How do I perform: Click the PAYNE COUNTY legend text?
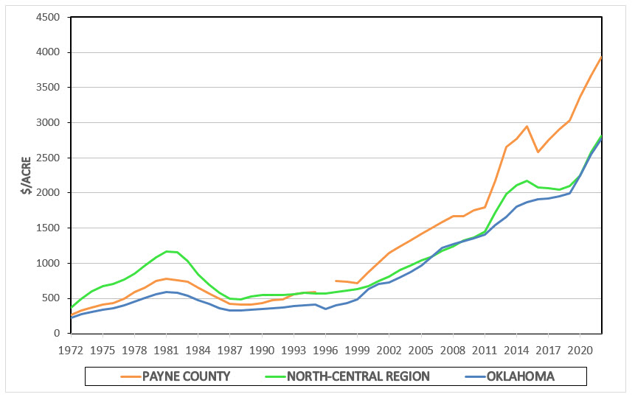[187, 376]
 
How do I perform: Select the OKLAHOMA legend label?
[520, 376]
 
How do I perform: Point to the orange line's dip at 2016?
[538, 152]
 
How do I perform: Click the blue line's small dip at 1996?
[326, 309]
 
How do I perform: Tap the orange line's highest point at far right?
[602, 57]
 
